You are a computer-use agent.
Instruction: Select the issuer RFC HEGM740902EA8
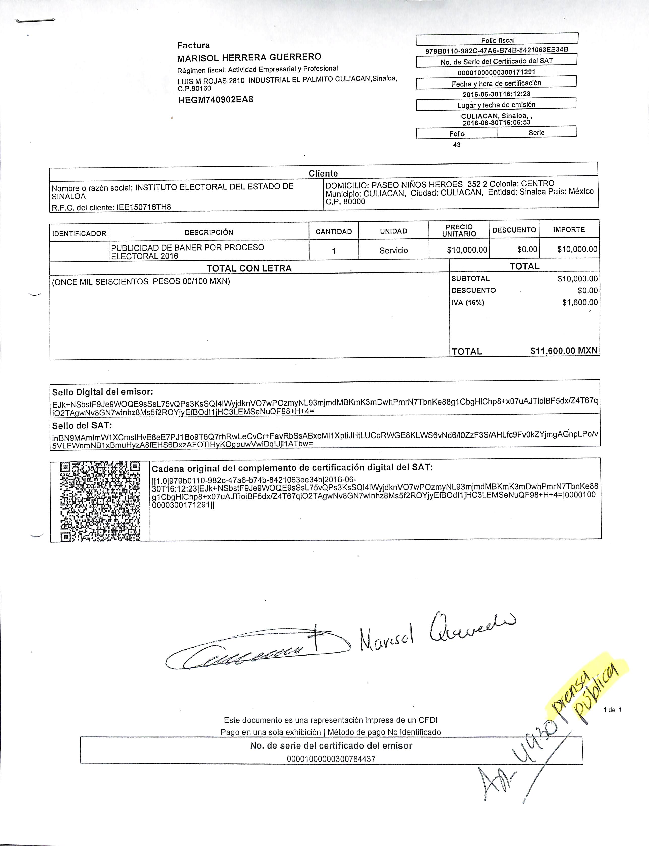pos(215,100)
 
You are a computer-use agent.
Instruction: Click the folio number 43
pos(457,145)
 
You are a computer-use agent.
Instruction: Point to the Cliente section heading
pos(323,173)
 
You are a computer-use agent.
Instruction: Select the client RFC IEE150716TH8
pos(111,207)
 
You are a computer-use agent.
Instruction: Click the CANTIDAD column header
pos(333,232)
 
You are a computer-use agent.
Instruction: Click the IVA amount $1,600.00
pos(579,302)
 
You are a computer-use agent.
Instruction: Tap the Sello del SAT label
pos(82,426)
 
